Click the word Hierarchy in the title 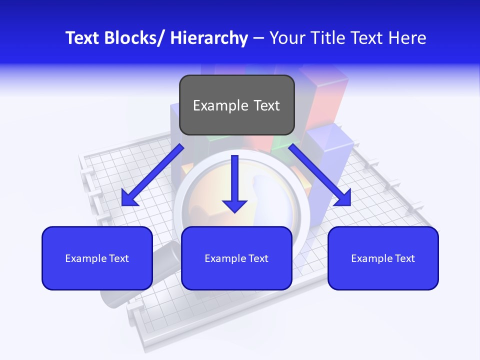[208, 38]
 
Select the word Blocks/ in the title [131, 38]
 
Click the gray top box [236, 105]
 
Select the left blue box [97, 258]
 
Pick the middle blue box [236, 258]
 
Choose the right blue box [383, 258]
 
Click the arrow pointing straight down [234, 185]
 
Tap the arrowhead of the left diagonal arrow [129, 199]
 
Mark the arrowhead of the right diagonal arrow [343, 198]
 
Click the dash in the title [258, 38]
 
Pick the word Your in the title [285, 38]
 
